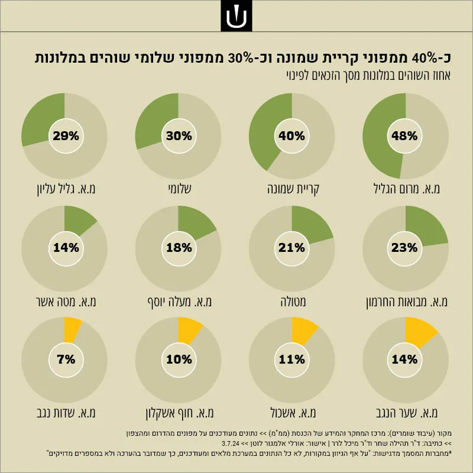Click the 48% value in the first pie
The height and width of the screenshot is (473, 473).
[404, 136]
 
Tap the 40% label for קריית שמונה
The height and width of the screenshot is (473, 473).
[291, 136]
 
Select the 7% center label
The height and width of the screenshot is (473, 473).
[66, 359]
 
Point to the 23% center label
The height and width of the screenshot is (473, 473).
[404, 248]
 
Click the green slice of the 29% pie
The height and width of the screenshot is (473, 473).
[38, 121]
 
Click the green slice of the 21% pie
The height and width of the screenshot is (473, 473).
[309, 225]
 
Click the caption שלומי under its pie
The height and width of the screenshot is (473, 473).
[180, 189]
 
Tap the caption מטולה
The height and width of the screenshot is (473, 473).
[293, 302]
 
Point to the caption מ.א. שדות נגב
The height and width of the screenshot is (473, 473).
[66, 413]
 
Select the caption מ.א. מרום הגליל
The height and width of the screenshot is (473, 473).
[407, 189]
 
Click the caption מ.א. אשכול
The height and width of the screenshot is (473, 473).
[293, 413]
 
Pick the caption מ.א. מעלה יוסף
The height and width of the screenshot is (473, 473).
[180, 302]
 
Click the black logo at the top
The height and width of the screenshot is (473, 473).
[237, 16]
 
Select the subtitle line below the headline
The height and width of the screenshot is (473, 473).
[368, 76]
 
